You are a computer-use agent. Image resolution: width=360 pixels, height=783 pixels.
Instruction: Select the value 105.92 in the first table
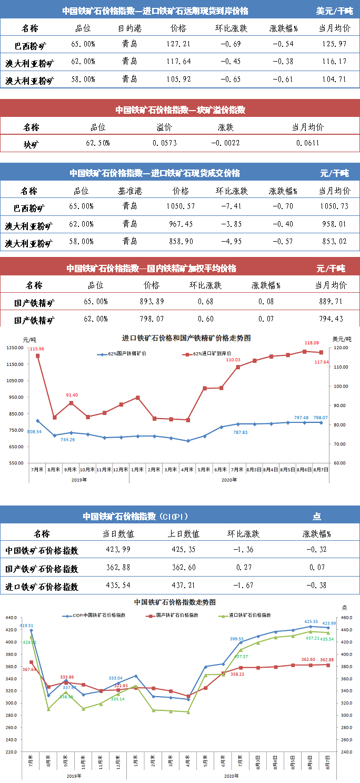[178, 80]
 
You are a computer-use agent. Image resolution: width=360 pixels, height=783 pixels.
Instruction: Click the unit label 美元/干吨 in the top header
[335, 11]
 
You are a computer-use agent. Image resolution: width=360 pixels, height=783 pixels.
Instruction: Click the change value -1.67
[244, 586]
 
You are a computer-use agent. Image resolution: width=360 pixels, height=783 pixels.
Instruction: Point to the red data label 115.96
[37, 349]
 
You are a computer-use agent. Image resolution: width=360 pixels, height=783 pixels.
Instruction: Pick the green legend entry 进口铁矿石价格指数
[249, 615]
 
